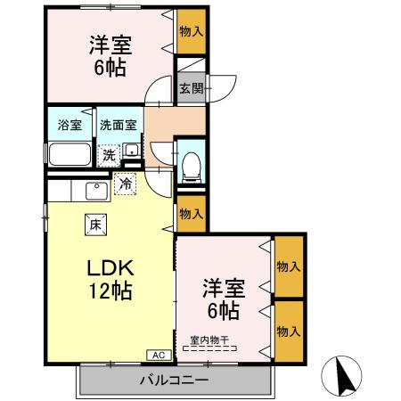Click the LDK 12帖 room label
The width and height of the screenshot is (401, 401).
(109, 278)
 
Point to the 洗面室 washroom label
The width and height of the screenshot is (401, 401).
(118, 125)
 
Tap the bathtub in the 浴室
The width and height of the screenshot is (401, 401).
(69, 154)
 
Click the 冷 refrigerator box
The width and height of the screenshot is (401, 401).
(126, 184)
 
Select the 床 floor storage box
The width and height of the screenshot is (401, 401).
(94, 225)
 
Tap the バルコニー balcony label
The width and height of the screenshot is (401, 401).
(174, 381)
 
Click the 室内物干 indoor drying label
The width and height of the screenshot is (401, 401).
(209, 339)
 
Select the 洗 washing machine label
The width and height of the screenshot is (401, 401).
(108, 154)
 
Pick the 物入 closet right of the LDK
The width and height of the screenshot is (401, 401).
(190, 214)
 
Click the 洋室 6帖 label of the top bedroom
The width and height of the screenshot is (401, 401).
(107, 55)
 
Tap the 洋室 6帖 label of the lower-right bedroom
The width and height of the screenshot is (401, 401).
(223, 299)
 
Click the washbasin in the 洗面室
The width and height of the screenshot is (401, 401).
(131, 151)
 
